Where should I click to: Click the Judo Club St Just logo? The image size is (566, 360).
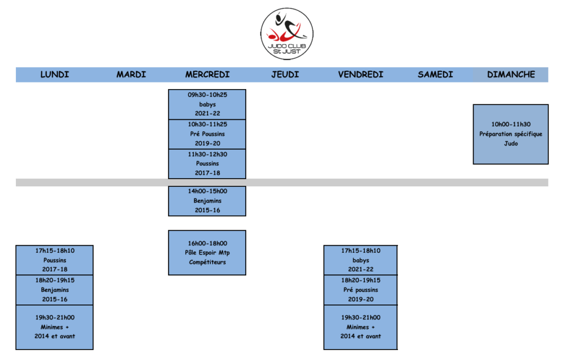(x=287, y=34)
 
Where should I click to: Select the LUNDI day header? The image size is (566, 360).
(x=54, y=74)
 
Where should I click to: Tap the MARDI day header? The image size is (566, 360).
(x=131, y=74)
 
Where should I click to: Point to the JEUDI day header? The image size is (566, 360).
(x=285, y=74)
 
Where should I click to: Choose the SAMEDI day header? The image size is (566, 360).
(x=435, y=74)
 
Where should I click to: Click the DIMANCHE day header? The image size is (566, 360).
(x=510, y=74)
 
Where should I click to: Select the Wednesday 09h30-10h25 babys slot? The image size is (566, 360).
(x=207, y=104)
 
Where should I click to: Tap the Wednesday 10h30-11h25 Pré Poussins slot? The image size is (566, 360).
(x=207, y=134)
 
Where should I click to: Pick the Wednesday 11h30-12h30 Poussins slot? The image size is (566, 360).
(x=207, y=164)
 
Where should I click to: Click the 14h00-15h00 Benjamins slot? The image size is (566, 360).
(x=207, y=201)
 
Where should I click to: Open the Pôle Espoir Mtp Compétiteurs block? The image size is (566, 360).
(x=207, y=253)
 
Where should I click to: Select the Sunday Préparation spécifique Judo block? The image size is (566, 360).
(x=510, y=134)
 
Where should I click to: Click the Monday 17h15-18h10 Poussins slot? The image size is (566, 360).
(x=54, y=260)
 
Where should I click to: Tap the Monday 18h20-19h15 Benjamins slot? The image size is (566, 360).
(x=54, y=290)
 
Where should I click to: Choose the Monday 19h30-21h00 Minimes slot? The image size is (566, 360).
(x=54, y=327)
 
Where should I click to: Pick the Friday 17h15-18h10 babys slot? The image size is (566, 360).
(x=360, y=260)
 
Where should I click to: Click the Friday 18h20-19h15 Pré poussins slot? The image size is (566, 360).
(x=360, y=290)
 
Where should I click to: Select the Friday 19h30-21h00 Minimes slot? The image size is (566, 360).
(x=360, y=327)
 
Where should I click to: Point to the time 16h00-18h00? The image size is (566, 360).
(x=207, y=243)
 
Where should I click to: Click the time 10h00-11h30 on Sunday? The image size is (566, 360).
(x=510, y=124)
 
